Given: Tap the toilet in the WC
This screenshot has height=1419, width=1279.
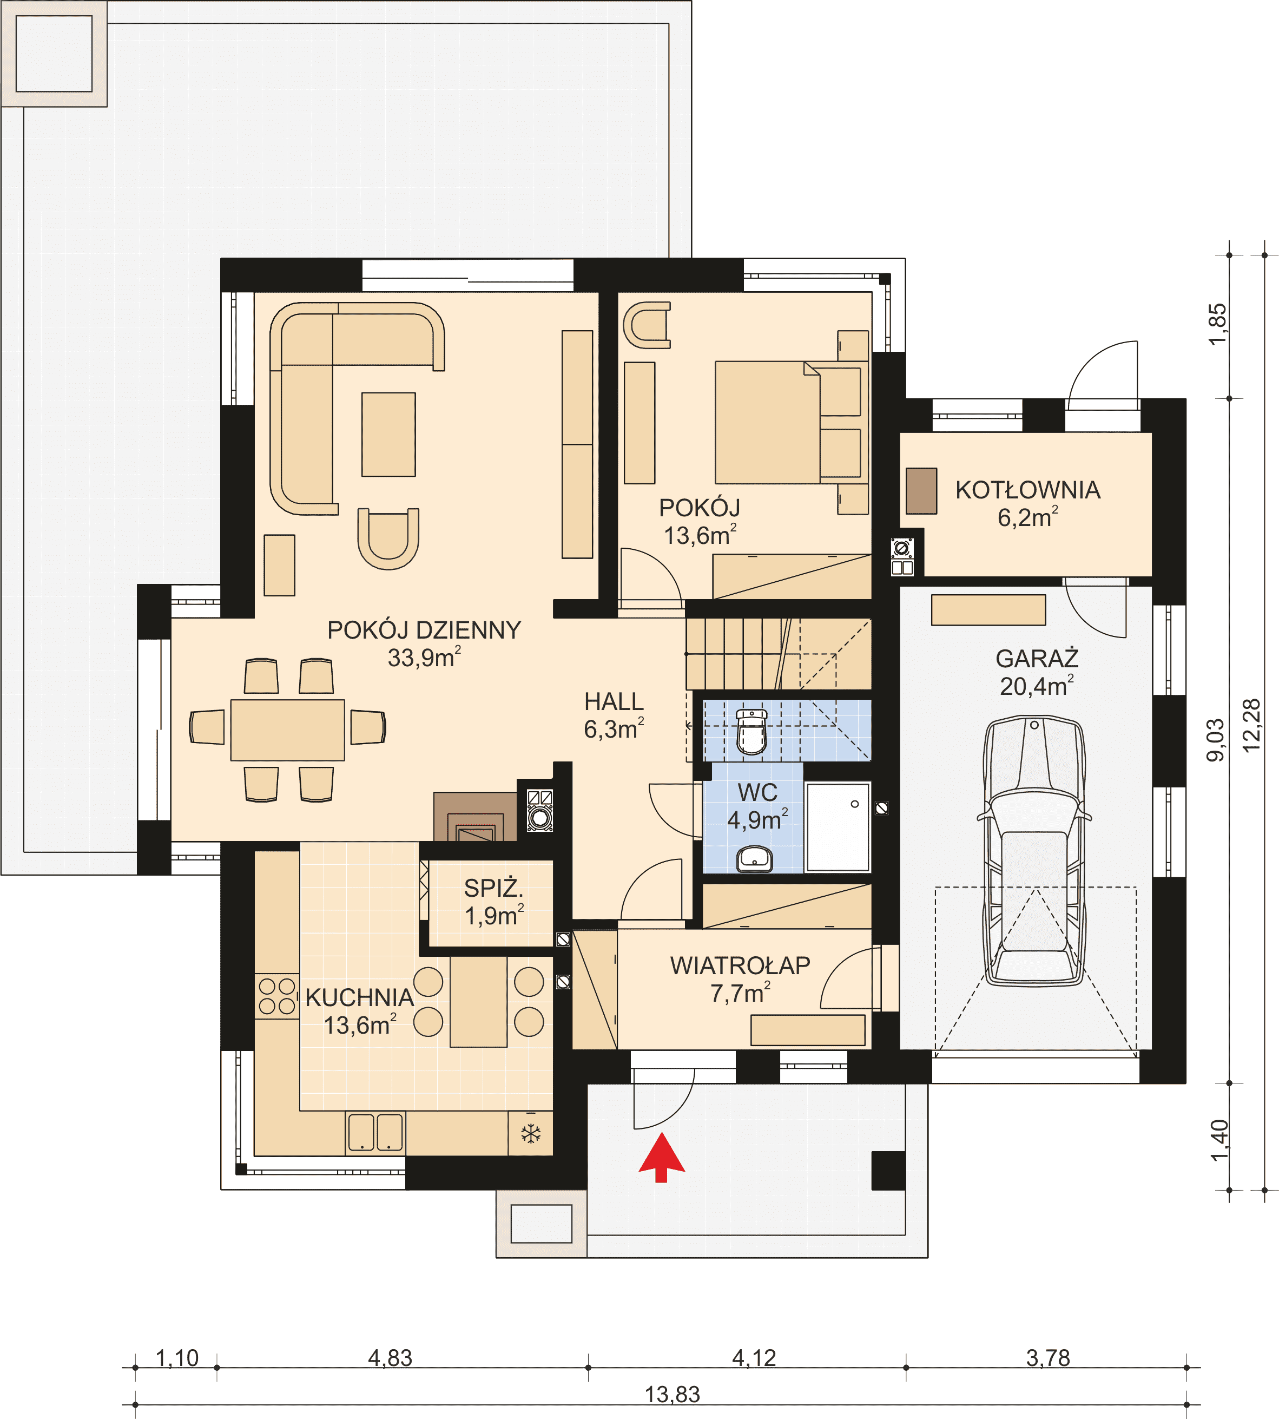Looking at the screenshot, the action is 751,732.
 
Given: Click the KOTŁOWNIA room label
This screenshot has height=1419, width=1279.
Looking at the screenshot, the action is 1027,490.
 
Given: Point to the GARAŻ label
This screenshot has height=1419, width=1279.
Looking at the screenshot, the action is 1037,659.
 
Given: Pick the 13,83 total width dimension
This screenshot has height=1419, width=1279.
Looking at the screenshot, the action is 673,1395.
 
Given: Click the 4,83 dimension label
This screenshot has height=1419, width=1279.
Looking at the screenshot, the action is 390,1358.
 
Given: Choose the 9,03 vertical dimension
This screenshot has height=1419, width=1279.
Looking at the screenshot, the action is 1216,740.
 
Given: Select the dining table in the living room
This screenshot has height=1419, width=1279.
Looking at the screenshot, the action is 287,730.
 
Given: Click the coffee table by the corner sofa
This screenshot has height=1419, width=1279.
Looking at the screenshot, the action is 388,435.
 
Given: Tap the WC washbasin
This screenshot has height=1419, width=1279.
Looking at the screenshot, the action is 754,859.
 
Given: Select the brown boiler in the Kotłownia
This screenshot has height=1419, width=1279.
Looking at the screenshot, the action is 921,490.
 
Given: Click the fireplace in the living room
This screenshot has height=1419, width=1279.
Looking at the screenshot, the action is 476,817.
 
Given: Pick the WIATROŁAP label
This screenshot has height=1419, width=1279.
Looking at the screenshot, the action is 740,965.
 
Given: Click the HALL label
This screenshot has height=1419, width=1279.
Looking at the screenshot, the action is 614,701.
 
